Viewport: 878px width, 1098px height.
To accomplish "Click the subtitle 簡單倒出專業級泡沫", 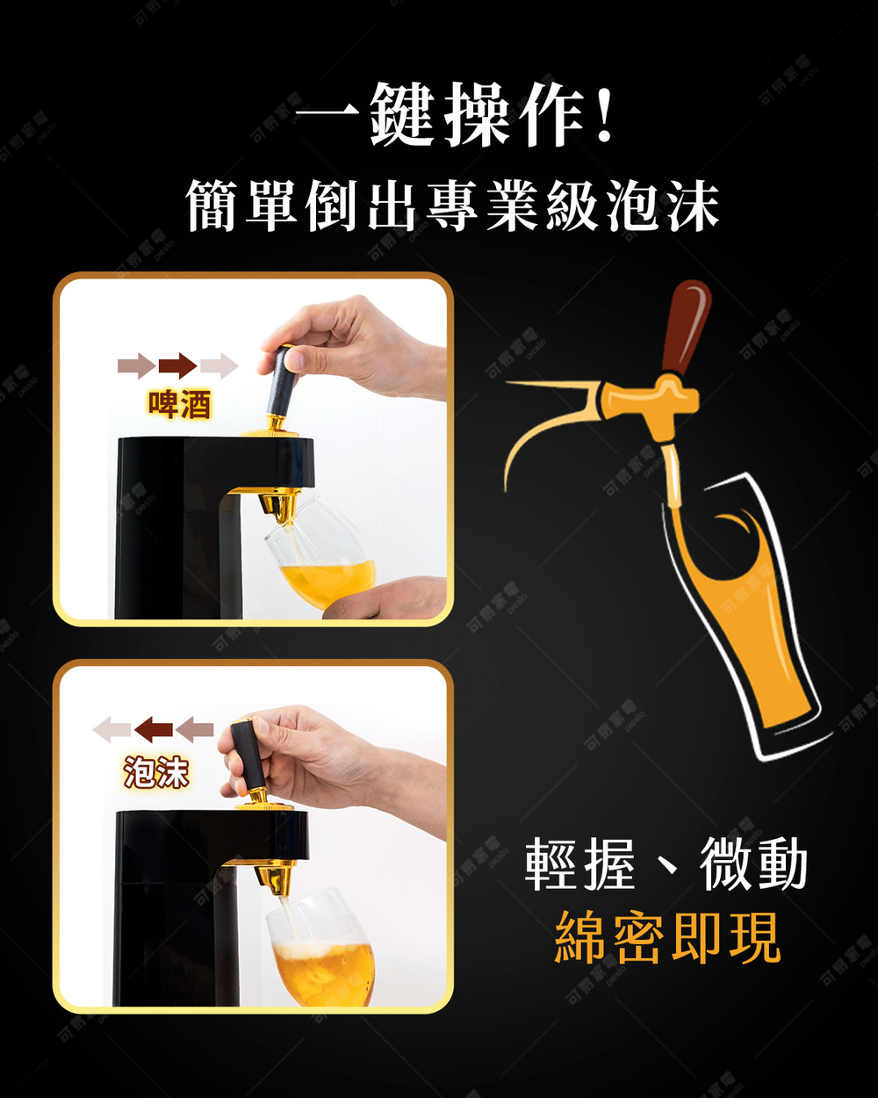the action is coord(452,206).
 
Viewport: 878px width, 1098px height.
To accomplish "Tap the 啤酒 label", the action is coord(179,405).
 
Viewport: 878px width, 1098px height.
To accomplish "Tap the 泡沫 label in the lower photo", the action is coord(156,772).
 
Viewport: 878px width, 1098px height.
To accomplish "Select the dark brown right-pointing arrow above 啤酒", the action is coord(177,365).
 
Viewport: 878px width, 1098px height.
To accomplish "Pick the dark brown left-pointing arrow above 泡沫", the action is coord(154,729).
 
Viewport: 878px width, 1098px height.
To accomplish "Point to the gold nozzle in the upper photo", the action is coord(279,505).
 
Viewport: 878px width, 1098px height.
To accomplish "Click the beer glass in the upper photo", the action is coord(321,556).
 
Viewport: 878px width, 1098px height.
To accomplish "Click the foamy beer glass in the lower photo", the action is coord(321,948).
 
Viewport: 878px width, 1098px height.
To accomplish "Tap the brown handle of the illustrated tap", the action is coord(687,327).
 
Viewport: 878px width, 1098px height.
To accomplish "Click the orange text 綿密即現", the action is coord(667,936).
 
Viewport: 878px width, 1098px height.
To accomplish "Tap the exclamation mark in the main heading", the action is coord(604,115).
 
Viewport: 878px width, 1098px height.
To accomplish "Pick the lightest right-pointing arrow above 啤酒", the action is coord(219,365).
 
